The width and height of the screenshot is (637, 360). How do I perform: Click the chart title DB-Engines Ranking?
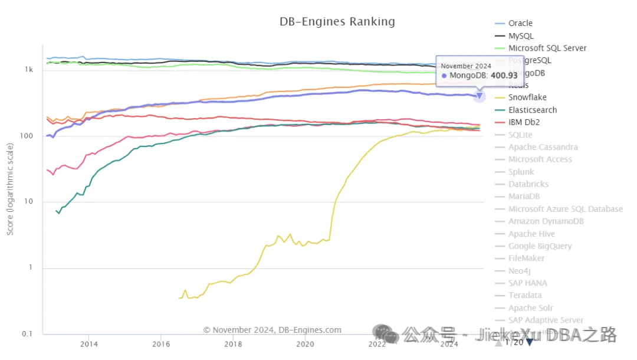point(337,22)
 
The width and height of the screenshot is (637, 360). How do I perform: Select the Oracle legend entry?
point(520,23)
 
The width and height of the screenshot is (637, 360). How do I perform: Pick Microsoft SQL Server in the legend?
point(547,48)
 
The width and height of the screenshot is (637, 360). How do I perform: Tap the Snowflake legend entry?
point(527,97)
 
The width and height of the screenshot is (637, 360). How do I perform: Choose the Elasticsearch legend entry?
point(533,110)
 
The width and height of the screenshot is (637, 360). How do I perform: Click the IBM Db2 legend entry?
point(524,122)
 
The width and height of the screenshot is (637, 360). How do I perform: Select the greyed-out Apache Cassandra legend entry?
point(543,147)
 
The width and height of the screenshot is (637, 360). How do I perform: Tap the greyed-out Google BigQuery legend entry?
point(540,246)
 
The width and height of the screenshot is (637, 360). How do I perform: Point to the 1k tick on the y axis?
point(29,70)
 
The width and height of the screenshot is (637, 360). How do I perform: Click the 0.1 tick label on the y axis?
point(27,334)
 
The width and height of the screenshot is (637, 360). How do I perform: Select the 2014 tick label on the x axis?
point(89,344)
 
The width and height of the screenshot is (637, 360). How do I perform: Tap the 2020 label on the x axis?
point(305,344)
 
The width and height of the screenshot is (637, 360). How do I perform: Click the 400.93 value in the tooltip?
point(504,76)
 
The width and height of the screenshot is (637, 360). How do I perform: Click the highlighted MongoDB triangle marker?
point(480,96)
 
